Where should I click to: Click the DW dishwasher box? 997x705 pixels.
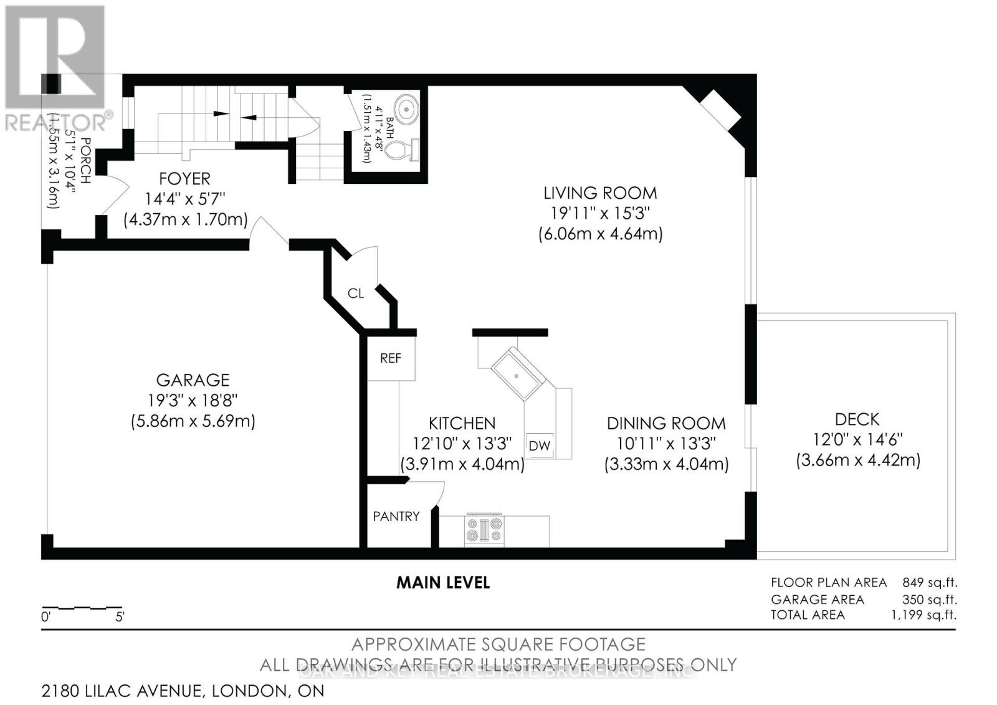[540, 445]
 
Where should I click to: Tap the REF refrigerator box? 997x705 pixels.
[391, 358]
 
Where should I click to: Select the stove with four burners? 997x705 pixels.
[484, 530]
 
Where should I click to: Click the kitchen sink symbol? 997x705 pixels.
[518, 373]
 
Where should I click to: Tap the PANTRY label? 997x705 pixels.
[396, 516]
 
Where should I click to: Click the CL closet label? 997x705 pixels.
[356, 293]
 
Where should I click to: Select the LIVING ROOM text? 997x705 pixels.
[600, 193]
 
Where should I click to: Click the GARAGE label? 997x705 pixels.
[193, 380]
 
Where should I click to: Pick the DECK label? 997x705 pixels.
[857, 419]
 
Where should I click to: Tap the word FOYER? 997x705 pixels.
[184, 179]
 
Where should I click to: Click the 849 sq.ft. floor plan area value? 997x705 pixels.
[929, 583]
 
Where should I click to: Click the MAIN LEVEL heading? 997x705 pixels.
[443, 583]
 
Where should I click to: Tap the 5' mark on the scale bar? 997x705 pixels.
[120, 618]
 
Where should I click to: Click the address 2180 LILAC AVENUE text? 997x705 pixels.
[122, 691]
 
